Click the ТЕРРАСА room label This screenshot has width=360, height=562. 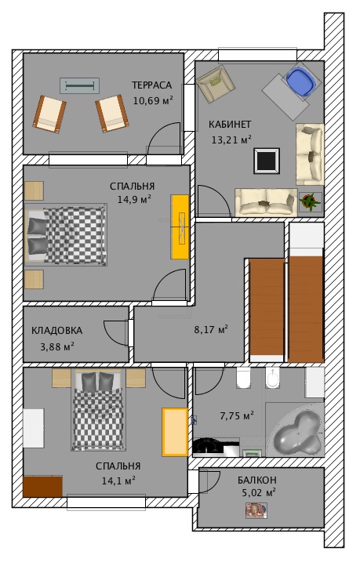coord(151,85)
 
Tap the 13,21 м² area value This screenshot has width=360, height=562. coord(231,140)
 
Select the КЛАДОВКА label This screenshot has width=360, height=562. coord(56,331)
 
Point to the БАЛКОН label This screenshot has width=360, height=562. coord(257,480)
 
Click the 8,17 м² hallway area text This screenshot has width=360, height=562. coord(211,329)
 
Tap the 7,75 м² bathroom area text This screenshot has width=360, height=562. coord(237,415)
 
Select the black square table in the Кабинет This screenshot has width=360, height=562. coord(267,161)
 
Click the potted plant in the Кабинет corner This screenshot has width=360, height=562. coord(310,202)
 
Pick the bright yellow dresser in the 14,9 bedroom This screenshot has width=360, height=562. coord(180,227)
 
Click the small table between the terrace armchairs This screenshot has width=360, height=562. coord(79,86)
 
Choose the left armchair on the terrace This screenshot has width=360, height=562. coord(49,114)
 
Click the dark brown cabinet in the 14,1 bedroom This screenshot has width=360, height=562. coord(42,486)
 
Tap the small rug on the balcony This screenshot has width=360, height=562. coord(256,510)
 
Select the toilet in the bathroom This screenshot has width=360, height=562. coord(243,378)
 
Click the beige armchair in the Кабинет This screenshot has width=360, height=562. coord(216,84)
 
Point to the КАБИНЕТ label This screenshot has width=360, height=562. coord(230,125)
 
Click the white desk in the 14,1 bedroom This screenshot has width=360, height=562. coord(34,428)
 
